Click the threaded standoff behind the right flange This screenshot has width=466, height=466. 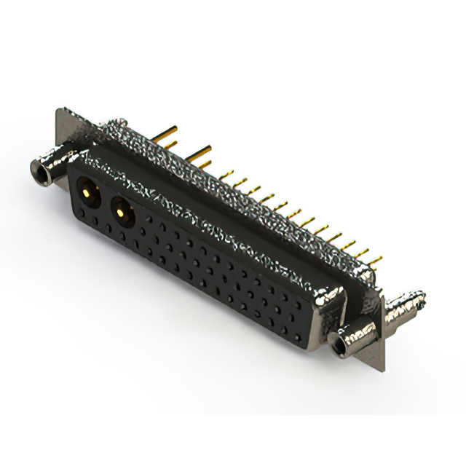click(405, 305)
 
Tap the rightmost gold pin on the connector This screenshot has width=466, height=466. click(376, 259)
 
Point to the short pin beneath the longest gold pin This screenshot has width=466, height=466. click(167, 144)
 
